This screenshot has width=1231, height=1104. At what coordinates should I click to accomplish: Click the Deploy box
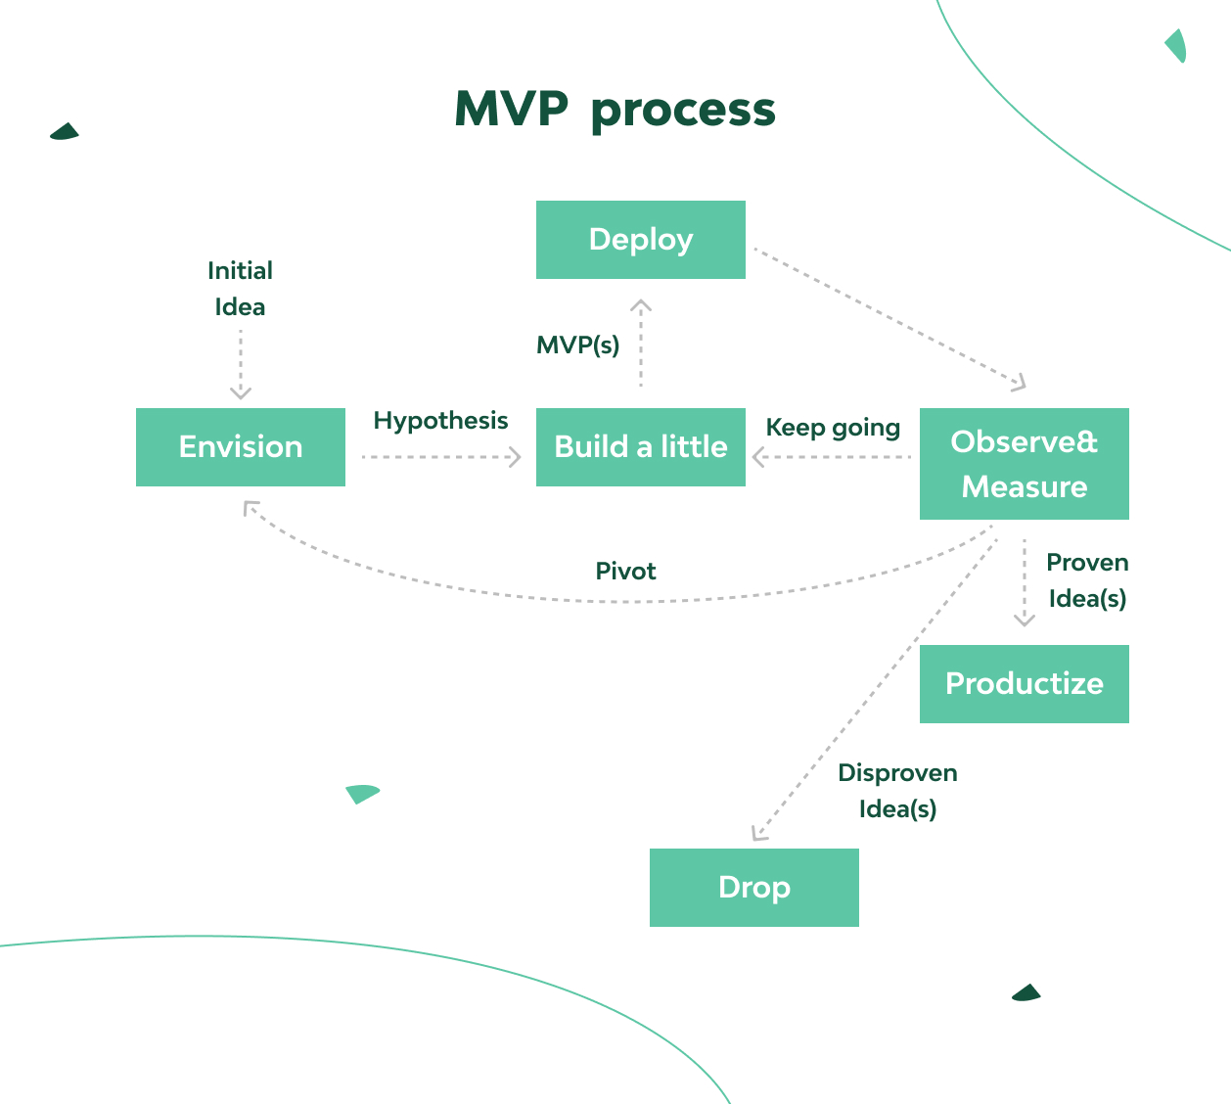pyautogui.click(x=640, y=240)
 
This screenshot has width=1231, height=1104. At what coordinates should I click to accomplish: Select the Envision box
pyautogui.click(x=241, y=447)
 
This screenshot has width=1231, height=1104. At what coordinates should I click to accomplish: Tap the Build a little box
pyautogui.click(x=640, y=447)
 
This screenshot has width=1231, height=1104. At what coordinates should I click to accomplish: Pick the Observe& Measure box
pyautogui.click(x=1024, y=464)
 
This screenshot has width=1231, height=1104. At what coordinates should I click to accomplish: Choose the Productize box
pyautogui.click(x=1024, y=684)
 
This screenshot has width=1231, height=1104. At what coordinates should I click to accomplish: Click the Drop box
pyautogui.click(x=753, y=888)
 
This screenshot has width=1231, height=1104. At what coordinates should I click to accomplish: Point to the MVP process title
pyautogui.click(x=615, y=110)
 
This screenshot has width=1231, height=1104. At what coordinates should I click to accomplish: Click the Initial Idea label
pyautogui.click(x=240, y=289)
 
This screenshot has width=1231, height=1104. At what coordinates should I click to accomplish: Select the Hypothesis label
pyautogui.click(x=440, y=421)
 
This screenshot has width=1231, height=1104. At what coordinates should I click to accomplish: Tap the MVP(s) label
pyautogui.click(x=577, y=345)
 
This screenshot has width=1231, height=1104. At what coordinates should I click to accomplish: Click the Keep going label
pyautogui.click(x=833, y=428)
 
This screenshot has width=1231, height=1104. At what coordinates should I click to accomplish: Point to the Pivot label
pyautogui.click(x=625, y=572)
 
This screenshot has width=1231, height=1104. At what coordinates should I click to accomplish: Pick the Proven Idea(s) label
pyautogui.click(x=1087, y=580)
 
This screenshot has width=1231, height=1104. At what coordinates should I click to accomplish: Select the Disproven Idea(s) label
pyautogui.click(x=897, y=791)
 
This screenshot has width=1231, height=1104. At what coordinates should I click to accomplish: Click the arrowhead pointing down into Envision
pyautogui.click(x=241, y=393)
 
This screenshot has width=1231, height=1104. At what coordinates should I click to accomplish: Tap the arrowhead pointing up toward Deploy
pyautogui.click(x=641, y=304)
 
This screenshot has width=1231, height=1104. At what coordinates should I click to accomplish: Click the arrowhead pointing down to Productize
pyautogui.click(x=1025, y=620)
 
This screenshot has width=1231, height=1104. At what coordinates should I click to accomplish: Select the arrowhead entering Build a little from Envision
pyautogui.click(x=516, y=457)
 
